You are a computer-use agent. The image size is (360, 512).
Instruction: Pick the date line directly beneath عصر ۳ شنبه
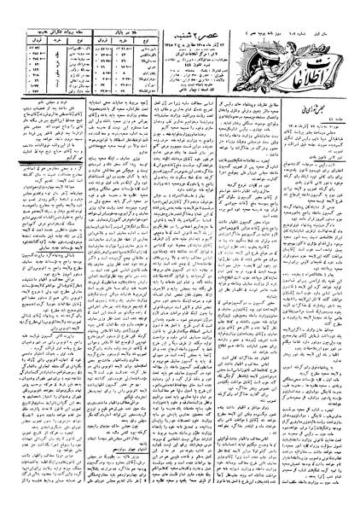[192, 31]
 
